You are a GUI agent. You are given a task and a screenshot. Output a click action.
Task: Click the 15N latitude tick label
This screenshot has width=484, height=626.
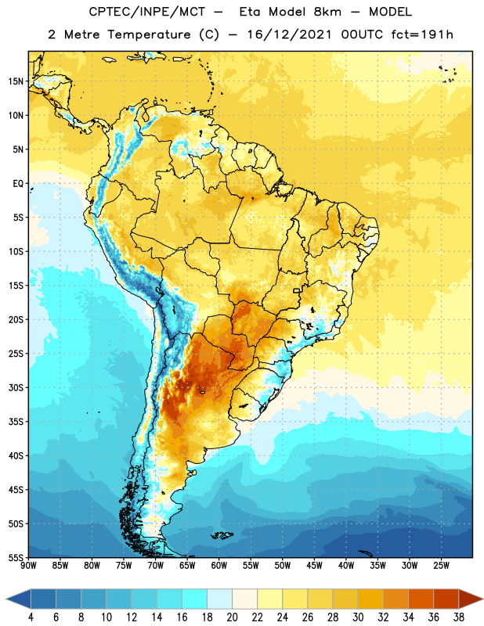[x=16, y=81]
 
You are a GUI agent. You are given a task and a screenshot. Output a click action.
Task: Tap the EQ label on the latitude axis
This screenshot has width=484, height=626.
[x=18, y=184]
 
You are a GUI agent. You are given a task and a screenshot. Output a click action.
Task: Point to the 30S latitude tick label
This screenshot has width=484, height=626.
[x=16, y=387]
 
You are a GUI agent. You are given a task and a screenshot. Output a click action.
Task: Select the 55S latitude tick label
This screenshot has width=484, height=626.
[x=16, y=558]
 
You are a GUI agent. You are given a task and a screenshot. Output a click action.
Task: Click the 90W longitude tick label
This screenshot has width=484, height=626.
[x=28, y=566]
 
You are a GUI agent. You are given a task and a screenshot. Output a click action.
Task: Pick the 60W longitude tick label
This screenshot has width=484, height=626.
[x=219, y=566]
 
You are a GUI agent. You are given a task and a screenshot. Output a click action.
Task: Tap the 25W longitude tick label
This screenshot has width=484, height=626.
[x=441, y=566]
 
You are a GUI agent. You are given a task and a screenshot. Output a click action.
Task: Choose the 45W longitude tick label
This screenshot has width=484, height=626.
[x=314, y=566]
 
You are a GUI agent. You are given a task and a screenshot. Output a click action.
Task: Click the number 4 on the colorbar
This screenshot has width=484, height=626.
[x=31, y=617]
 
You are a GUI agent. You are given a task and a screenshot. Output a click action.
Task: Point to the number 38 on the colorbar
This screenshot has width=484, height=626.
[x=459, y=617]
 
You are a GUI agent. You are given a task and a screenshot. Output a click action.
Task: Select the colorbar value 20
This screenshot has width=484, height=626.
[x=232, y=617]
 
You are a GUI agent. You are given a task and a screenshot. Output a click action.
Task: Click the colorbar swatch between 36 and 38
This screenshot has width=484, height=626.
[x=446, y=599]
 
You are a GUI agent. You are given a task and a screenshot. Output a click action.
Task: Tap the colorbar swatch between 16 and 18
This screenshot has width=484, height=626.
[x=195, y=599]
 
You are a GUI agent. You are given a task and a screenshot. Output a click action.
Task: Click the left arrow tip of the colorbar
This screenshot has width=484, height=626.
[x=6, y=599]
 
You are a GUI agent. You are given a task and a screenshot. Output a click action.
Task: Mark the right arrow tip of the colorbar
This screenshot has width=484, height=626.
[x=482, y=599]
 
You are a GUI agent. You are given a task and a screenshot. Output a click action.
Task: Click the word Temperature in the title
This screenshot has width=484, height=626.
[x=149, y=34]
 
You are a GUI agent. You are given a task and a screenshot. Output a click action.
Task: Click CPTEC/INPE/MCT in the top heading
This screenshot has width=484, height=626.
[x=146, y=12]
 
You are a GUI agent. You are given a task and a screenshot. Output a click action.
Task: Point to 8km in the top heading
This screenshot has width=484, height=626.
[x=327, y=12]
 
